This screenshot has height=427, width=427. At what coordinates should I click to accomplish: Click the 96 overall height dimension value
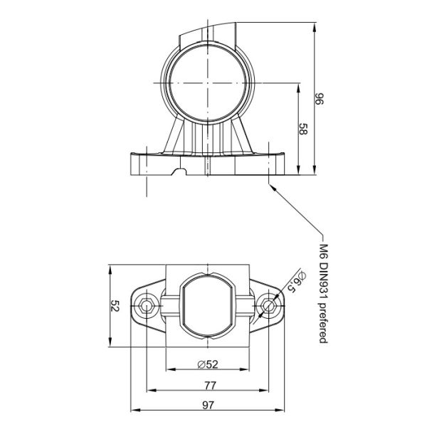320,98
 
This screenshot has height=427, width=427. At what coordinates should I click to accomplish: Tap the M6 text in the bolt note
323,251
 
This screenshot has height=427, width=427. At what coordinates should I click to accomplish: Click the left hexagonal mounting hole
147,307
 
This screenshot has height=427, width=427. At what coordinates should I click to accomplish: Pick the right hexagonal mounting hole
269,307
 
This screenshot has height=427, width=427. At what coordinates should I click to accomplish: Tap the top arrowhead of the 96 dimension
315,24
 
